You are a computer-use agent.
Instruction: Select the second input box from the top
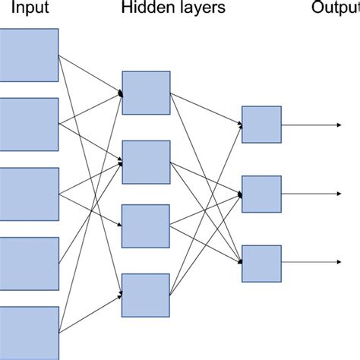coord(29,124)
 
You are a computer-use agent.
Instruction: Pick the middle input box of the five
coord(29,194)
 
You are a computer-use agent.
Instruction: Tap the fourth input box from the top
coord(29,264)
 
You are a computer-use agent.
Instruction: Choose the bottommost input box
coord(29,333)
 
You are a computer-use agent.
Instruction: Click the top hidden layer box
coord(146,93)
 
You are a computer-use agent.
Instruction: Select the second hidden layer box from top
coord(146,162)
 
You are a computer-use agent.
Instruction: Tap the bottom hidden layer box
coord(146,295)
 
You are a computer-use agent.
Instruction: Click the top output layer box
coord(261,124)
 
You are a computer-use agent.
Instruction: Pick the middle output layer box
coord(261,194)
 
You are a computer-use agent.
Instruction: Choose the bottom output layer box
coord(261,263)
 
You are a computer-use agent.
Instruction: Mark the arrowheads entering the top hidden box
coord(119,93)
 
